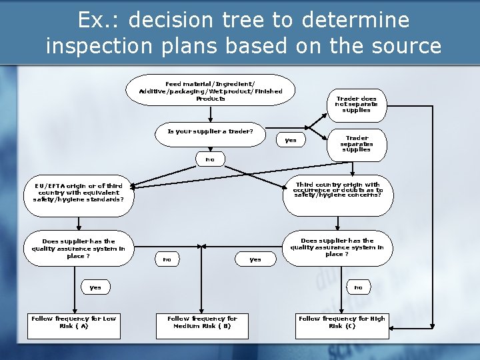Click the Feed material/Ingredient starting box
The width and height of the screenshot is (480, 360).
click(x=210, y=90)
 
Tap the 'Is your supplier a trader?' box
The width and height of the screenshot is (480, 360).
click(x=210, y=132)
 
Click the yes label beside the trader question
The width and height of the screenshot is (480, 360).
click(x=291, y=140)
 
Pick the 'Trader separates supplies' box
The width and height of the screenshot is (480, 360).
click(x=356, y=144)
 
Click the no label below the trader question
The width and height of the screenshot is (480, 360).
click(x=210, y=159)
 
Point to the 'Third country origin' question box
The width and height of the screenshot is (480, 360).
click(x=338, y=191)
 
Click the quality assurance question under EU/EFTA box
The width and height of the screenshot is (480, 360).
click(x=79, y=249)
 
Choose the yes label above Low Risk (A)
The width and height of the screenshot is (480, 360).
click(x=95, y=287)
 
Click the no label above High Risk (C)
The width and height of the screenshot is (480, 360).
click(x=358, y=287)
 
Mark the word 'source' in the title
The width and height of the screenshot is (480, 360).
click(x=407, y=46)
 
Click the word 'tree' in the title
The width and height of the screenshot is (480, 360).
click(x=247, y=21)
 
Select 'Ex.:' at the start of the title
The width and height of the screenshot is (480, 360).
click(x=99, y=21)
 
